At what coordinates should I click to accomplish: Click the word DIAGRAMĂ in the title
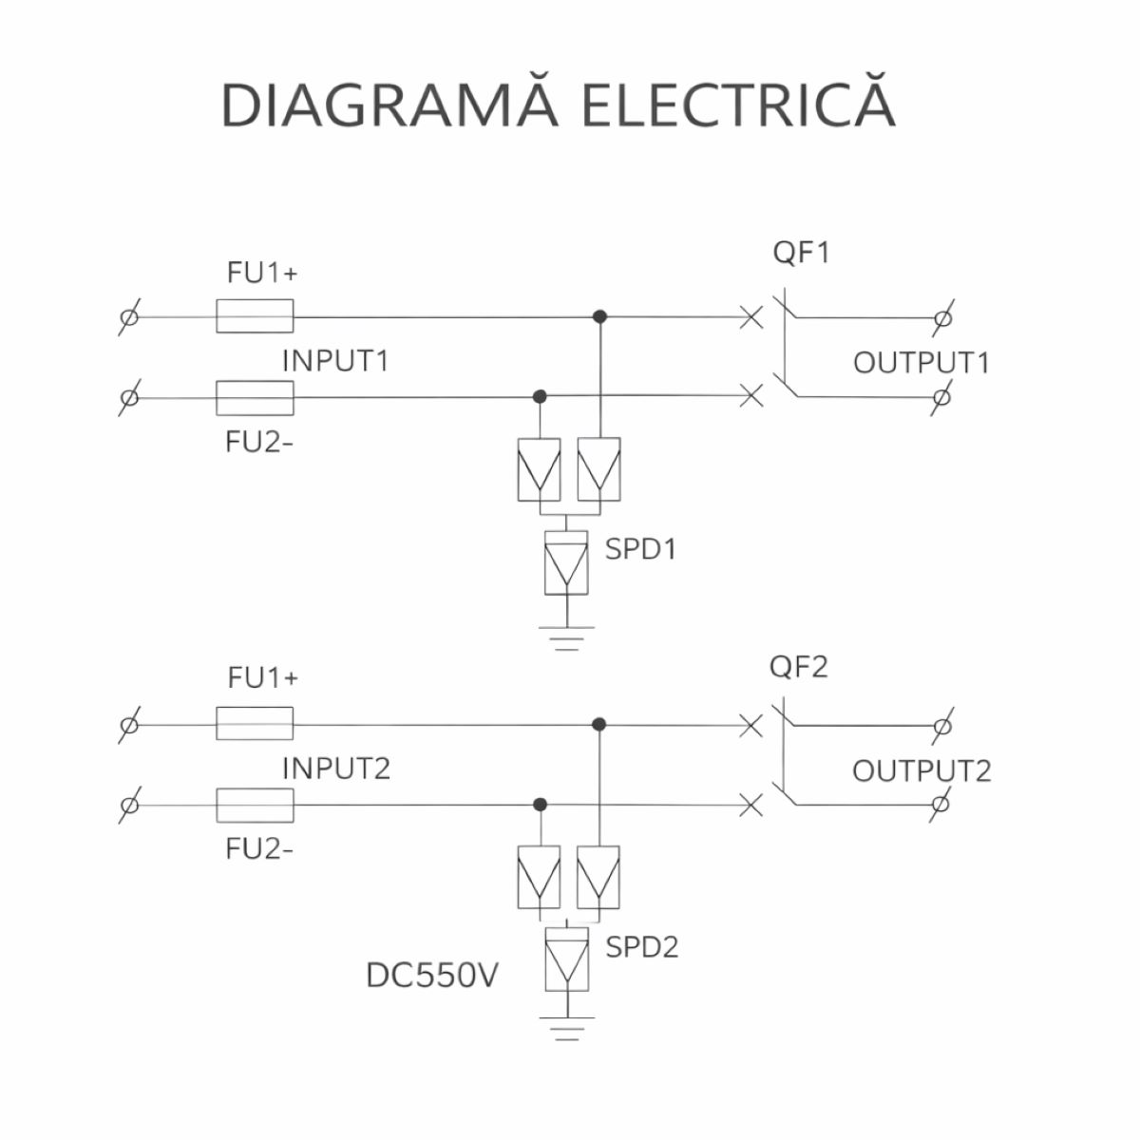[389, 104]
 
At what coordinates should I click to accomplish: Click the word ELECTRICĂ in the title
[737, 104]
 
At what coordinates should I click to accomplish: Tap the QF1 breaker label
[800, 254]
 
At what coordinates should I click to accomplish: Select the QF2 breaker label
[798, 666]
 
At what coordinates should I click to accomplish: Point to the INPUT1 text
[335, 361]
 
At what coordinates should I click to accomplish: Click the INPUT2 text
[336, 768]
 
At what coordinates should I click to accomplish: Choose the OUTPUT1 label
[921, 362]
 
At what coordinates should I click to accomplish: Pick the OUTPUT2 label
[921, 769]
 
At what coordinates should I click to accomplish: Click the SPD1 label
[641, 549]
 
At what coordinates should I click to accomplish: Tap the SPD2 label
[642, 947]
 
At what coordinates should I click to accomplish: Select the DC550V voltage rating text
[432, 977]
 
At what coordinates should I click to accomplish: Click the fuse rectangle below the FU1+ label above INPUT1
[255, 316]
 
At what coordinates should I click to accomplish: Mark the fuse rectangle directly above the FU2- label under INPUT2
[255, 805]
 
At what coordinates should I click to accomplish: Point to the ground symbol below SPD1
[566, 637]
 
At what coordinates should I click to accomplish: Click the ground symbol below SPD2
[566, 1028]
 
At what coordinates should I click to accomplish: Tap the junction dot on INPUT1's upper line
[599, 316]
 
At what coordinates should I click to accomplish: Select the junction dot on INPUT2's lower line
[540, 805]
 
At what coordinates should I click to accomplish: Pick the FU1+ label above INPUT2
[262, 678]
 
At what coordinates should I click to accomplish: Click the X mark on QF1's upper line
[751, 316]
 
